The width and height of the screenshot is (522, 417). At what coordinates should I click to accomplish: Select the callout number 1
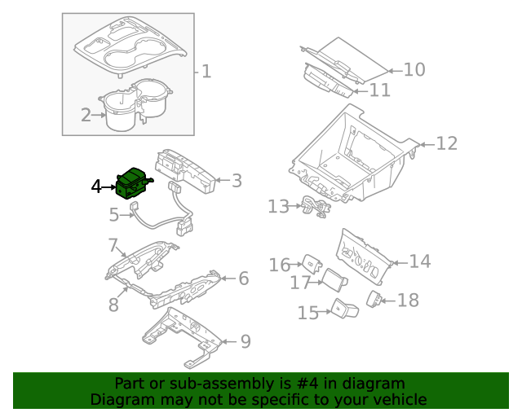tap(206, 72)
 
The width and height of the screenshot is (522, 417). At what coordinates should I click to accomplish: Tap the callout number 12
tap(447, 144)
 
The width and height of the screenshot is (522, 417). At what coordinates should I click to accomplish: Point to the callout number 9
tap(246, 341)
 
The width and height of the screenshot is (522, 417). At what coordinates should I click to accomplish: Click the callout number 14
tap(419, 261)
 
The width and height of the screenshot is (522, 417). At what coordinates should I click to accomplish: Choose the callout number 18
tap(407, 301)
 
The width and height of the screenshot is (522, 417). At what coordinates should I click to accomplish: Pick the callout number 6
tap(243, 279)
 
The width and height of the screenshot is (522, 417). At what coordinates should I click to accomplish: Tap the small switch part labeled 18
tap(375, 298)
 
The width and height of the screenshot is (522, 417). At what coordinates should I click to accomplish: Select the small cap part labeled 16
tap(312, 262)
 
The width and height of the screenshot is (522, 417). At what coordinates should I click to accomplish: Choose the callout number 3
tap(237, 181)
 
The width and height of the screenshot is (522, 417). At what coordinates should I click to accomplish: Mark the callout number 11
tap(380, 90)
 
